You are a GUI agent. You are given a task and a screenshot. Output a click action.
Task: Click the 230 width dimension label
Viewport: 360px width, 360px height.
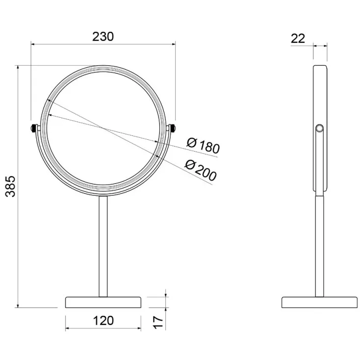(103, 36)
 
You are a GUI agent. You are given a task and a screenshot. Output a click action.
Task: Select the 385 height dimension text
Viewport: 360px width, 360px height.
(10, 186)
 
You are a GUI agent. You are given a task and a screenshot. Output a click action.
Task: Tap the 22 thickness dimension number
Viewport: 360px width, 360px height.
(298, 39)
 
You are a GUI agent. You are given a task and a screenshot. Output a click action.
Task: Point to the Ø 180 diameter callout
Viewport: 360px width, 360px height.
(203, 146)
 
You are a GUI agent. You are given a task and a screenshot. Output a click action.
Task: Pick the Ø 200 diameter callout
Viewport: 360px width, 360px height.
(201, 170)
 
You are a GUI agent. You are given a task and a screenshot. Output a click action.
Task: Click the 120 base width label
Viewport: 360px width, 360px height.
(103, 320)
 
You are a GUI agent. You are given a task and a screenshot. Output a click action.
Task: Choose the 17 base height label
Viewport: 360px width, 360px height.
(158, 322)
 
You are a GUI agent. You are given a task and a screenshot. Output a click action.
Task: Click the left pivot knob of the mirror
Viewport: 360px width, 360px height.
(33, 128)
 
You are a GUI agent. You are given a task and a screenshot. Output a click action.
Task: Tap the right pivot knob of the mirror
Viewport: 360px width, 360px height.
(173, 128)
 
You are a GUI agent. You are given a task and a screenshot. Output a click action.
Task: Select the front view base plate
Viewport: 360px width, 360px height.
(103, 303)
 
